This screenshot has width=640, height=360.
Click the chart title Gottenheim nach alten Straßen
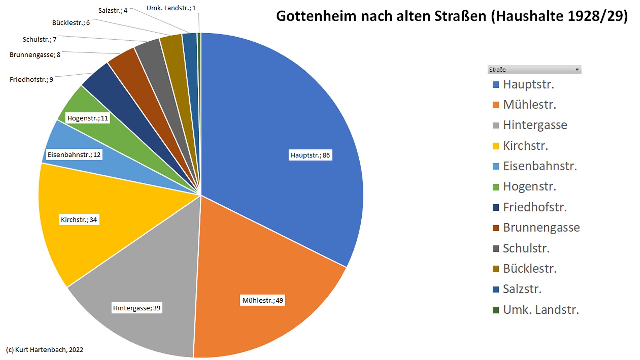(452, 16)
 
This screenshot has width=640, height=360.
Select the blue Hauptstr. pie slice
(283, 110)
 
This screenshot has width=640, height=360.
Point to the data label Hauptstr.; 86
(310, 155)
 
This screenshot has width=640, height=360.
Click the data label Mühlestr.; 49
(263, 300)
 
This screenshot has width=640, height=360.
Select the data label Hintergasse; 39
(137, 308)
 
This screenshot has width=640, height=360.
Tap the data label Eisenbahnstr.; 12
(74, 155)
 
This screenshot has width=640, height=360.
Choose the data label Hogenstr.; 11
(88, 118)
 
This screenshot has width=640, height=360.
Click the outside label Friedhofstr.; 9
(31, 79)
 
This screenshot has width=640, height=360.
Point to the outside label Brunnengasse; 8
(35, 55)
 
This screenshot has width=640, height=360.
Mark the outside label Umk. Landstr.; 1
(171, 8)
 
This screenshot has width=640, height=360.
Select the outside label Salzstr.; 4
(113, 11)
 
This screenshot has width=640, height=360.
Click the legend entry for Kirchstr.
(525, 146)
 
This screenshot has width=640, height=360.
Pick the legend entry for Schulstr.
(526, 248)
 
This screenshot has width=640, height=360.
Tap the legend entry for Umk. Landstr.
(541, 310)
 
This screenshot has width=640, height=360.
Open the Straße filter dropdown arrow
(577, 70)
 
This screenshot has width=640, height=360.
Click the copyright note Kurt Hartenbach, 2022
(45, 350)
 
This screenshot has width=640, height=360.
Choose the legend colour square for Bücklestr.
(496, 269)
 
